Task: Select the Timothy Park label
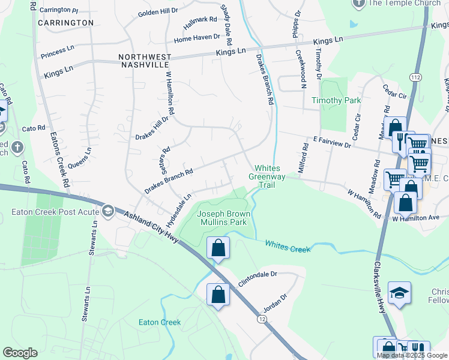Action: coord(336,100)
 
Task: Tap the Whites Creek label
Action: coord(288,245)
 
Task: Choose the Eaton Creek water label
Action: coord(160,322)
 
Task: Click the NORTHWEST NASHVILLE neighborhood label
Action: coord(145,61)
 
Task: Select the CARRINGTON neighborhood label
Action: coord(65,23)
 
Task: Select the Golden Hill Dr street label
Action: coord(158,11)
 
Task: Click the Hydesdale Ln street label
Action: coord(178,206)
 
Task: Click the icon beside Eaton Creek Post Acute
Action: coord(107,211)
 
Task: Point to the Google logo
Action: coord(20,353)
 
